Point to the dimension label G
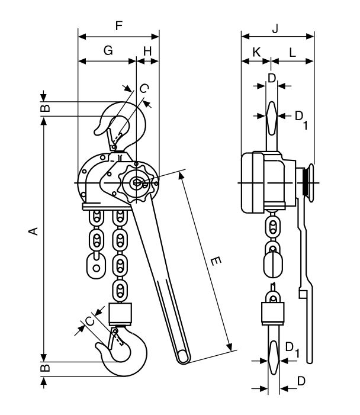(108, 51)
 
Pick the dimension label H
(147, 51)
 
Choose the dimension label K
(256, 52)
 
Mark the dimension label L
(292, 52)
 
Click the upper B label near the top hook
(45, 108)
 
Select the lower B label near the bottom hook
(45, 368)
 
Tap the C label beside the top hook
(143, 88)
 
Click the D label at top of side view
(271, 78)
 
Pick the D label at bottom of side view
(301, 381)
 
